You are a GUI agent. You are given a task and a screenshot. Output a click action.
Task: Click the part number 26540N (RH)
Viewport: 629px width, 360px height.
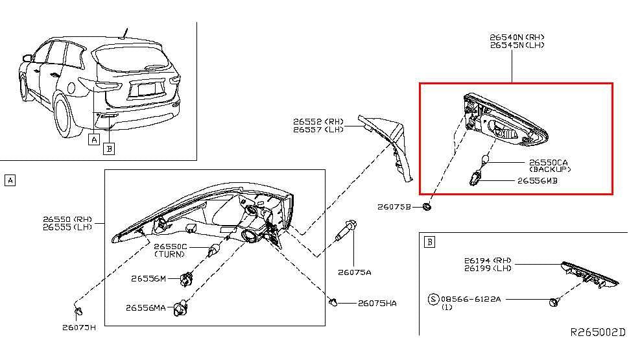point(517,38)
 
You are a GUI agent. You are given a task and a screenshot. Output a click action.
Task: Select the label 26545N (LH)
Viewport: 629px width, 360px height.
point(517,45)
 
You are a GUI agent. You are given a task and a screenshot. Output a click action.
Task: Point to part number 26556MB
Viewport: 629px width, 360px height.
point(537,181)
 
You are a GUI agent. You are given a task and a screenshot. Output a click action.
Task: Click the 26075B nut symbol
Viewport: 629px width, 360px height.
point(427,207)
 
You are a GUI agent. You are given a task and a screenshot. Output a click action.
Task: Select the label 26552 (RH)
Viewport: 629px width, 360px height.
point(318,121)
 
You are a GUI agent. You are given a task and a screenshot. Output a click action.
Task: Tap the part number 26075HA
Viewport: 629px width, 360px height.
point(377,303)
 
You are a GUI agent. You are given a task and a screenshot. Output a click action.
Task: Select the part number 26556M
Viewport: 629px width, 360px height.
point(148,278)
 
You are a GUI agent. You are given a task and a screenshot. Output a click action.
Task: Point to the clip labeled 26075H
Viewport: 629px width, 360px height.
point(77,313)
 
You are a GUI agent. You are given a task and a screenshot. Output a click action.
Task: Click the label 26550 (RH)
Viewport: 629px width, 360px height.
point(67,219)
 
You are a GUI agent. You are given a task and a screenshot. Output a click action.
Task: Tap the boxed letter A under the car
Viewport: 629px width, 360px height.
point(95,138)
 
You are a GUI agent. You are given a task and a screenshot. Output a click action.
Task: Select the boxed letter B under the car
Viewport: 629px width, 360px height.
point(109,149)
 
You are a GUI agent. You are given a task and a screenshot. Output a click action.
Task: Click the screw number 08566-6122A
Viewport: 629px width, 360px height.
point(471,299)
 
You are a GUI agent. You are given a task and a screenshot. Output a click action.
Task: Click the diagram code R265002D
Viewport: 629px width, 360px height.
point(597,331)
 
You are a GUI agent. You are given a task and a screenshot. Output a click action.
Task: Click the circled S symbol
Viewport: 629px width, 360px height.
point(433,299)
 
